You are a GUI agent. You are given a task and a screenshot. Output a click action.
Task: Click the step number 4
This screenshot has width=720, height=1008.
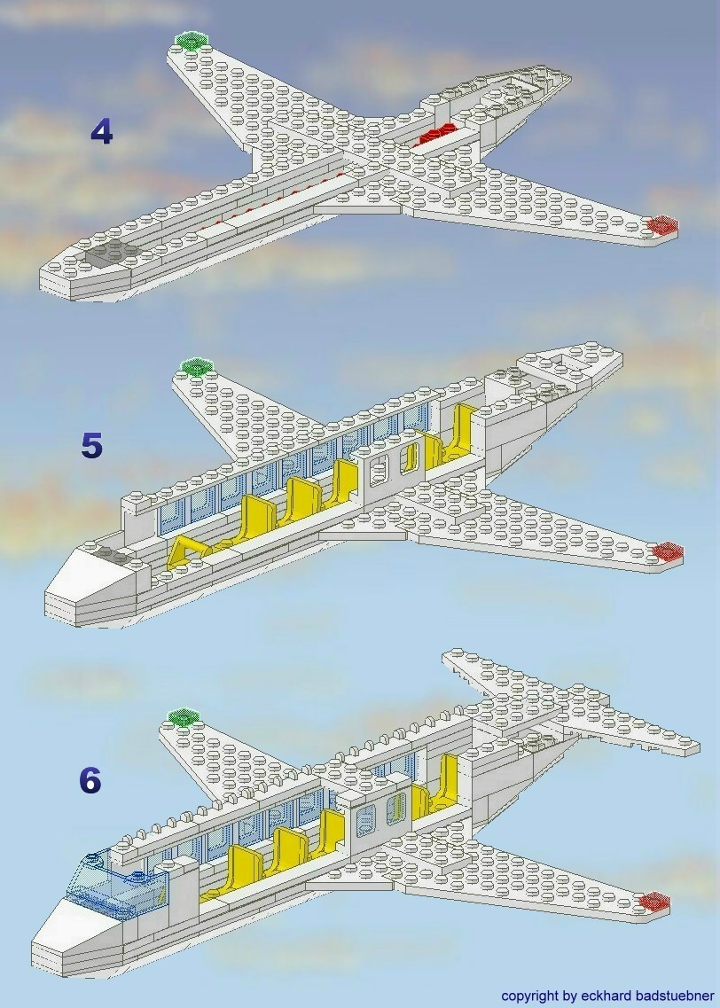[x=102, y=133]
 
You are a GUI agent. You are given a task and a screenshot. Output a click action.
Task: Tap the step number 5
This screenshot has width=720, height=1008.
[x=91, y=446]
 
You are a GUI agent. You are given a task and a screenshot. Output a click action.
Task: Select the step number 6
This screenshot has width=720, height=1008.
[x=90, y=780]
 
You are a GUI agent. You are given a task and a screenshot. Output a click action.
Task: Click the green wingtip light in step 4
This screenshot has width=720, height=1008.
[x=191, y=41]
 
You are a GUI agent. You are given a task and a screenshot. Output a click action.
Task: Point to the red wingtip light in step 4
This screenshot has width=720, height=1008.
[x=661, y=226]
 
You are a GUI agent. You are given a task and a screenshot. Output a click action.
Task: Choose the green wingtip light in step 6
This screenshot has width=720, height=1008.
[x=181, y=716]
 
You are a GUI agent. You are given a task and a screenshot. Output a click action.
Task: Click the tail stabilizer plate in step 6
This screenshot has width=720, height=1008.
[x=567, y=700]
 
